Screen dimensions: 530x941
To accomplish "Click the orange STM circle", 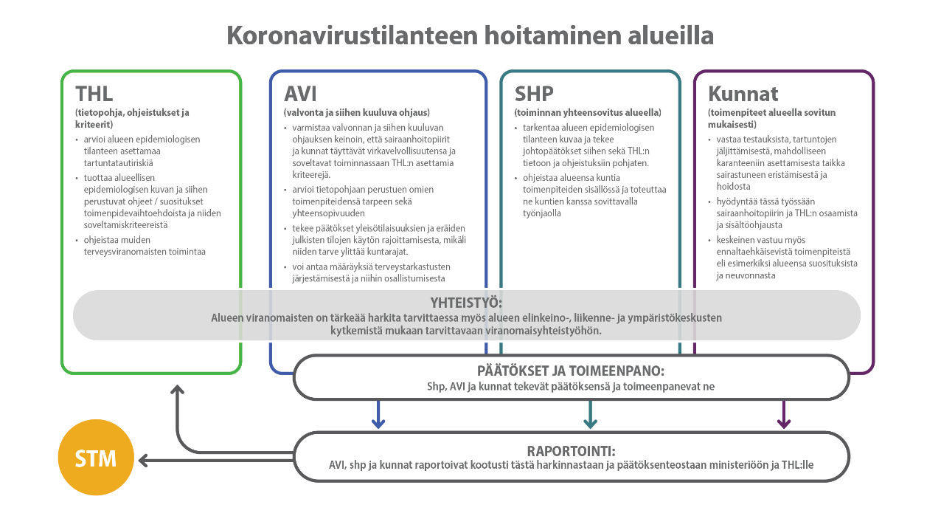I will (x=96, y=458).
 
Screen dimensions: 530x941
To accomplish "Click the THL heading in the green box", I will (x=94, y=94).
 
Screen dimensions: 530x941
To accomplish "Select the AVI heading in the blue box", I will (x=300, y=94).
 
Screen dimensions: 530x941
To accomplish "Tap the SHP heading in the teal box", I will (x=534, y=94).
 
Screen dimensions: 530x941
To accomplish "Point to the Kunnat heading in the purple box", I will (x=743, y=94).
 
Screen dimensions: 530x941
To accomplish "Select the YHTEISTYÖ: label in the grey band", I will (x=466, y=303).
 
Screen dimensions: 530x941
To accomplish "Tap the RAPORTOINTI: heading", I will (x=571, y=451).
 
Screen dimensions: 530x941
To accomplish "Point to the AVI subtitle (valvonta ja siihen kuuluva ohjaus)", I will (x=356, y=113).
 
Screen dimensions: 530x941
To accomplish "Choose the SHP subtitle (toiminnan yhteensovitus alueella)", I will (x=587, y=113).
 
